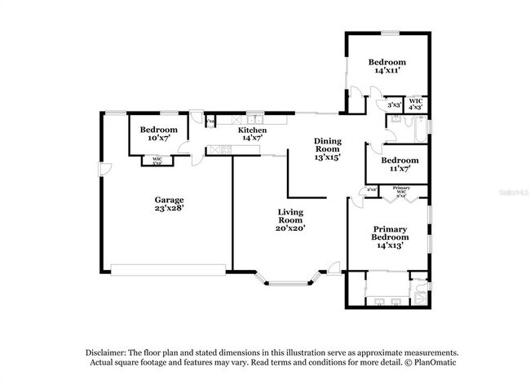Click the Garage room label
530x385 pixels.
(x=170, y=199)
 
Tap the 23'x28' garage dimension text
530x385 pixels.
(x=170, y=208)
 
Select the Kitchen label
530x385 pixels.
(x=252, y=131)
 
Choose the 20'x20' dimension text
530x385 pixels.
(x=289, y=228)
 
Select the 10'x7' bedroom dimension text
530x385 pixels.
(x=157, y=139)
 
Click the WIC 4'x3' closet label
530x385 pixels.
(x=415, y=104)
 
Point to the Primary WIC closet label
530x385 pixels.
(x=401, y=192)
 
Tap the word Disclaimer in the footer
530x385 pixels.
(x=108, y=352)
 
